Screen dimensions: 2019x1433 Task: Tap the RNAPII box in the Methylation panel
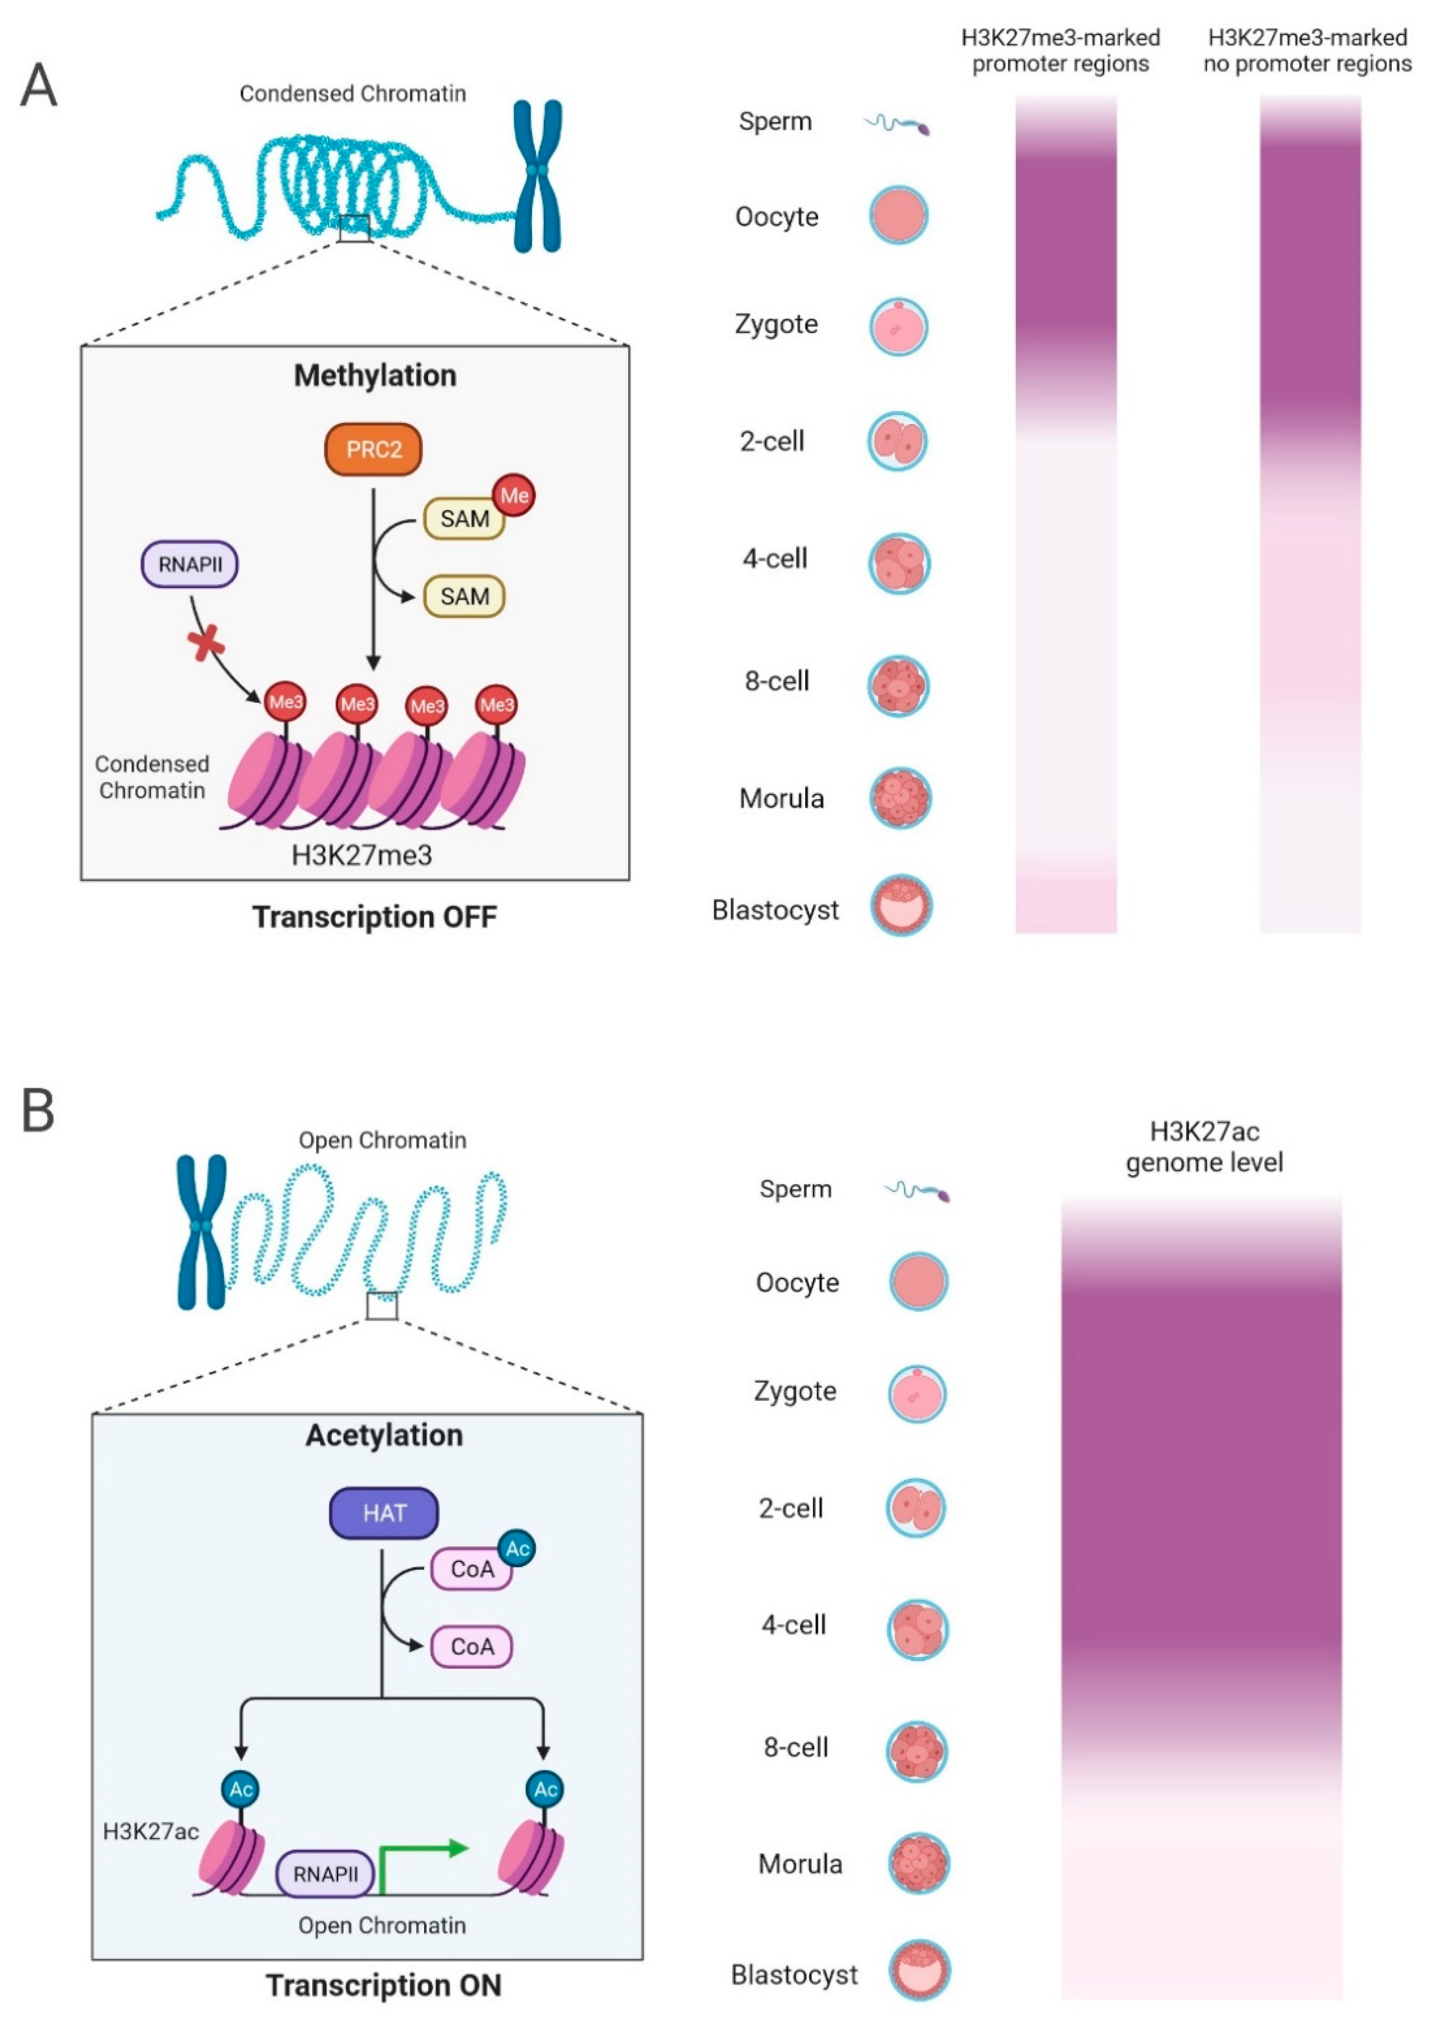(x=190, y=564)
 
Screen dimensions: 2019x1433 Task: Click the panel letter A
(x=39, y=86)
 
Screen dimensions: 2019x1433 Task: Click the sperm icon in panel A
(x=897, y=125)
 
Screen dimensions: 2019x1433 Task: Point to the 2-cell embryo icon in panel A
(x=897, y=441)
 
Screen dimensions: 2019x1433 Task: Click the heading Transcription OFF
(x=375, y=917)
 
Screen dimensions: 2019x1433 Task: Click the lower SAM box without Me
(x=464, y=596)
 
